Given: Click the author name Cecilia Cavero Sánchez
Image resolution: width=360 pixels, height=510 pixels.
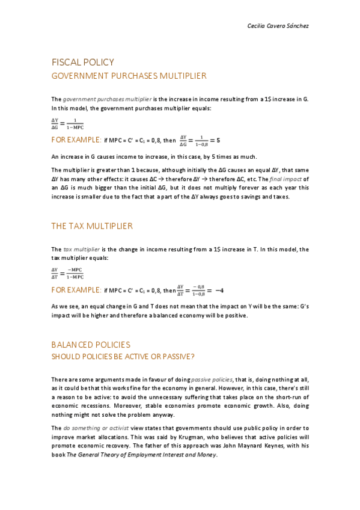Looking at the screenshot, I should point(278,26).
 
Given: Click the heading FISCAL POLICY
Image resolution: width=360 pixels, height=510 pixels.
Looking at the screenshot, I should point(82,63).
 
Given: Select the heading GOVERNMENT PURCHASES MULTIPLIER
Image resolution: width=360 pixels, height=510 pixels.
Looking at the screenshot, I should point(129,76).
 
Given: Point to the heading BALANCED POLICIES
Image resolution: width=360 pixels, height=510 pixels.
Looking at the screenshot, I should point(91,345).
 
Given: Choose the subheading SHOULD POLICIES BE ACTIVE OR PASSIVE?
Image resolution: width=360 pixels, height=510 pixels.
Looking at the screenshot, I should point(123,357).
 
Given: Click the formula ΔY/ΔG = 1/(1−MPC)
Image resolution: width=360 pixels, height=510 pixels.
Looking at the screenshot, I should point(68,124).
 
